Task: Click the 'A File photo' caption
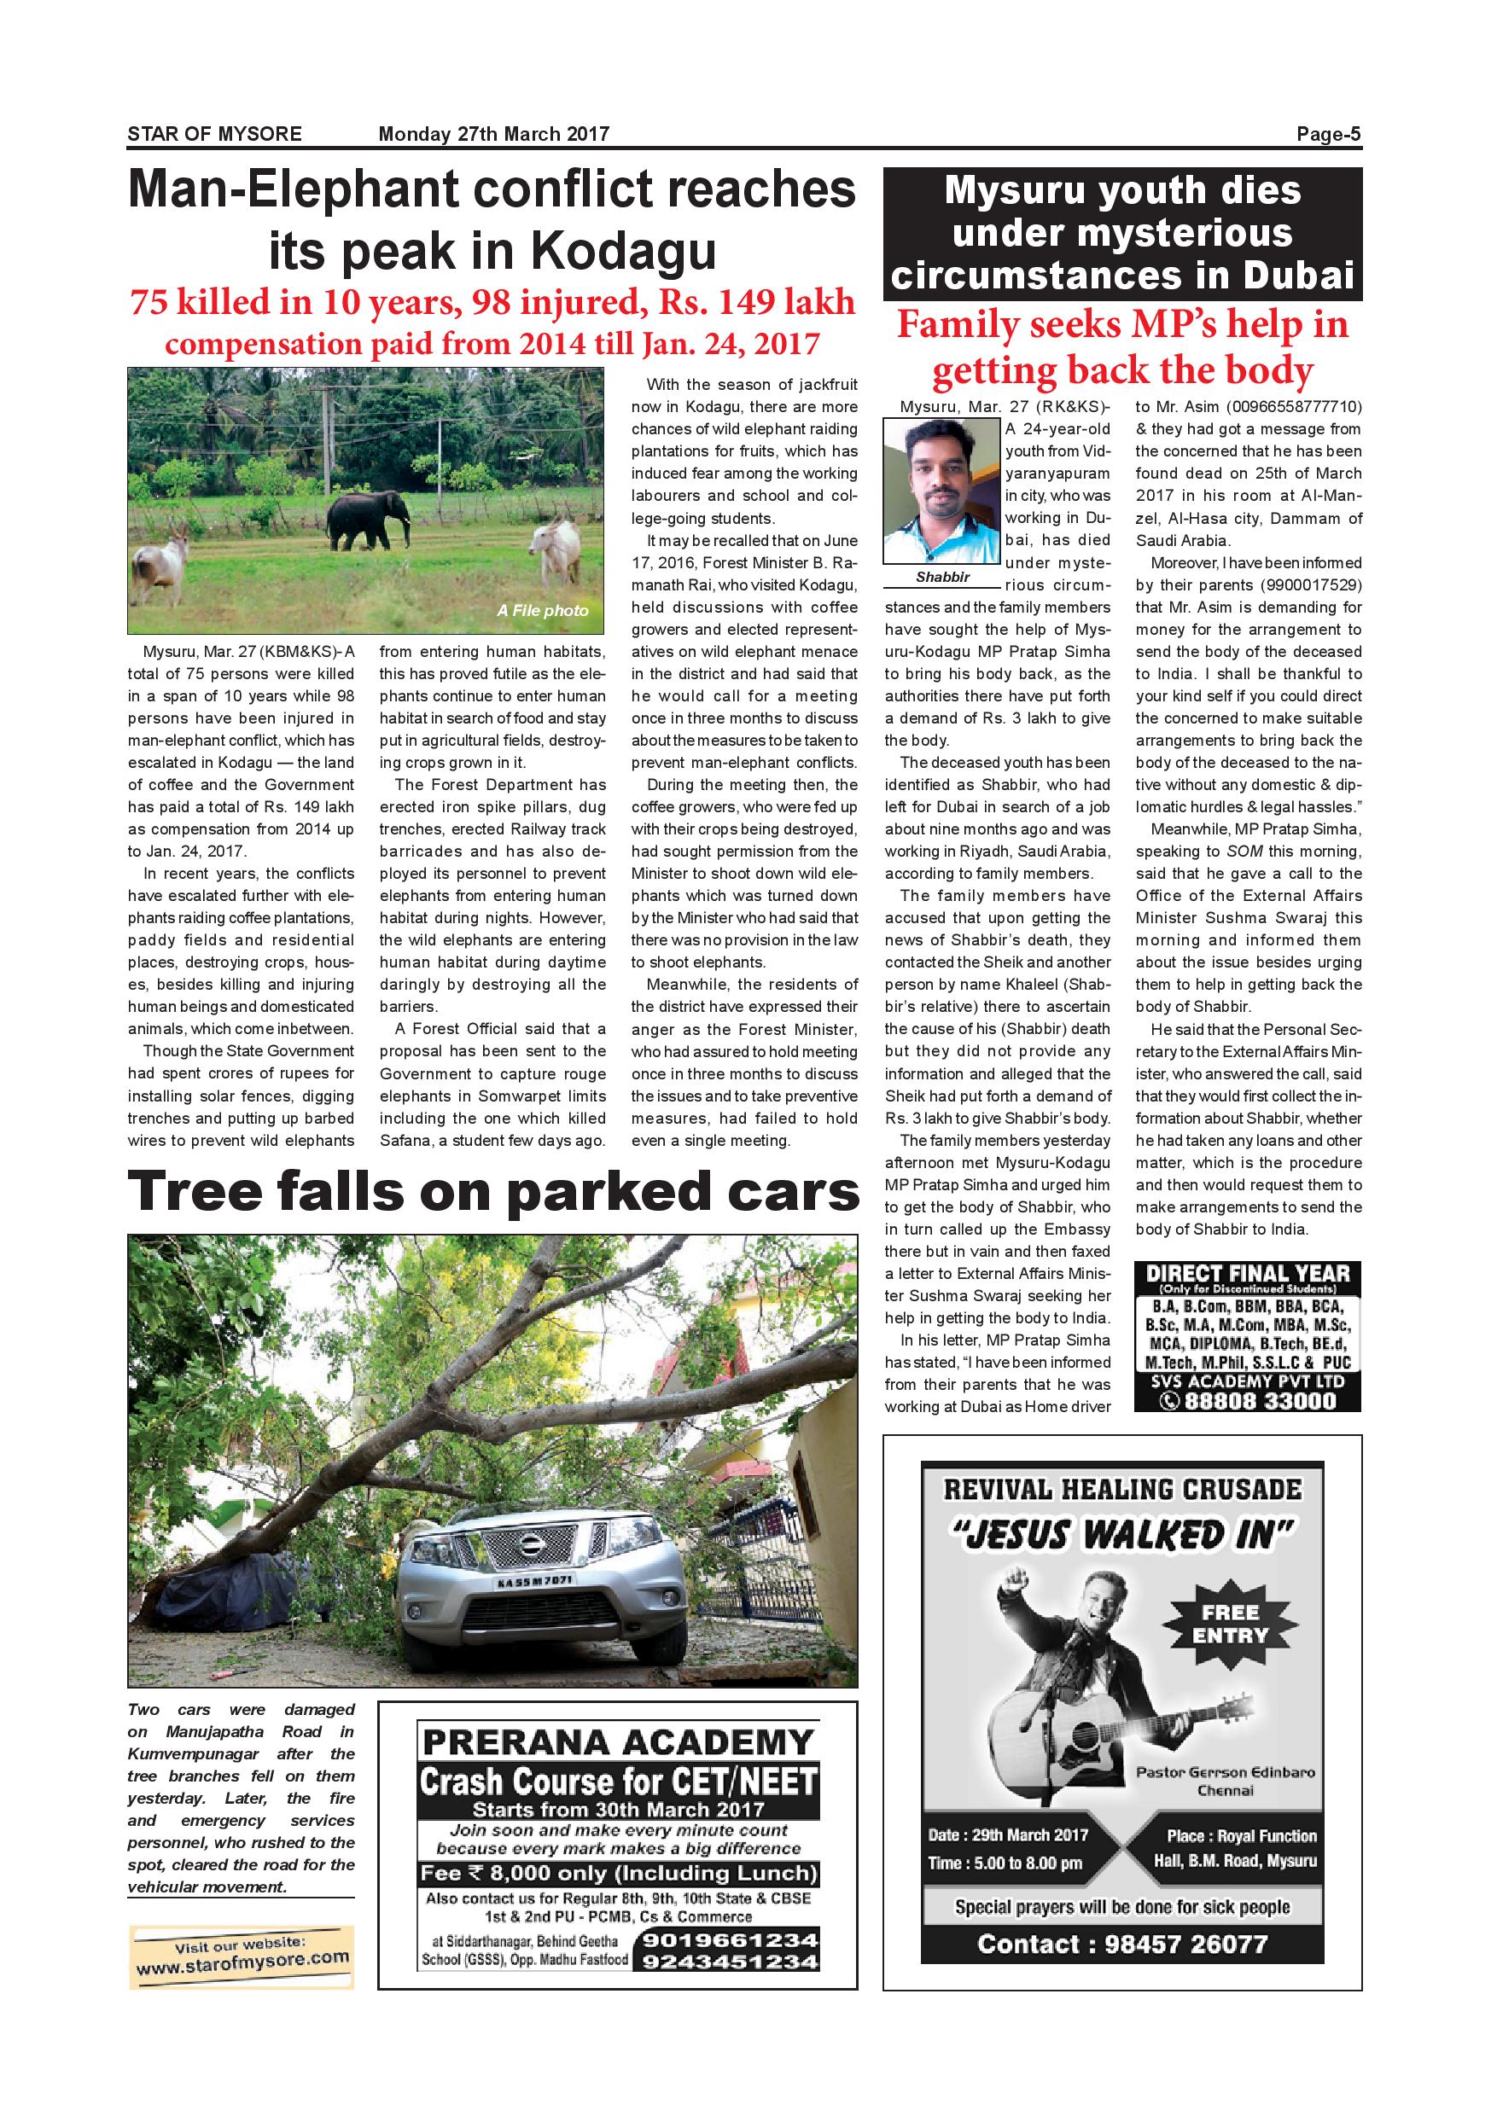[542, 610]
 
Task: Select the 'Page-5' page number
[1328, 135]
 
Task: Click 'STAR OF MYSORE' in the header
[215, 135]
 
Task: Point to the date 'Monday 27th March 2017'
[494, 135]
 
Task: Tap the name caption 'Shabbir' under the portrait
[942, 577]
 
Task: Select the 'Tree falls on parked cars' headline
[492, 1192]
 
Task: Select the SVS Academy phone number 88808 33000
[1259, 1401]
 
